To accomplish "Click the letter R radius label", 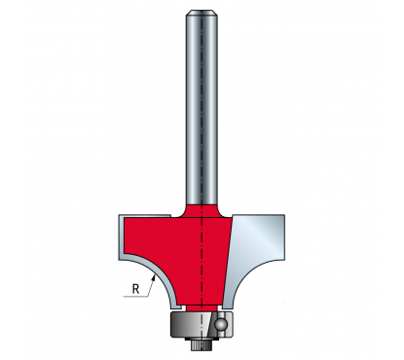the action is pos(135,289).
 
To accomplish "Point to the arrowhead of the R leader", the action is pos(154,277).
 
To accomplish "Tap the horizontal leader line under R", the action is pos(135,296).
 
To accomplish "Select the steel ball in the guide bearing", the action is pos(222,324).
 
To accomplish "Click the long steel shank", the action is pos(202,107).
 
